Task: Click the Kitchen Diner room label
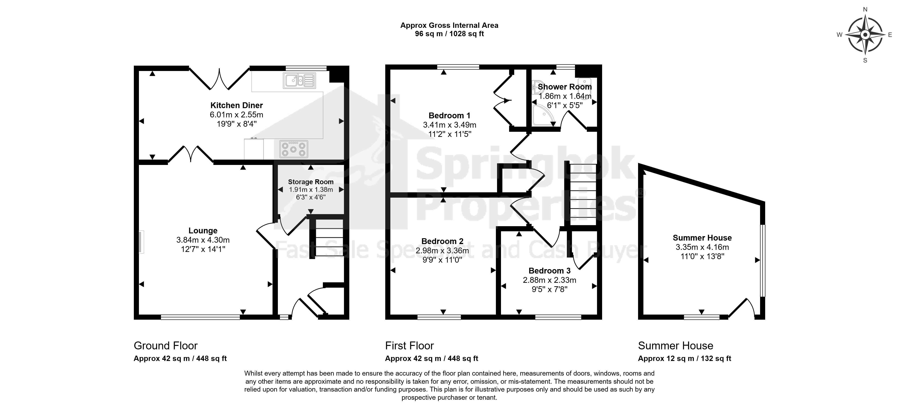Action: [x=236, y=105]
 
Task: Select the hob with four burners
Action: [x=293, y=149]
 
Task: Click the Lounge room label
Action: [x=203, y=230]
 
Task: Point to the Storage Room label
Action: [x=311, y=182]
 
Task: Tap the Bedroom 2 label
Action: [x=442, y=241]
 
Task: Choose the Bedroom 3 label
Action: [x=549, y=270]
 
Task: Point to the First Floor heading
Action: [x=409, y=346]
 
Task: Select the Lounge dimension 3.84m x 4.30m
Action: [x=203, y=240]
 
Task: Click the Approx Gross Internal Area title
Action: [x=449, y=25]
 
